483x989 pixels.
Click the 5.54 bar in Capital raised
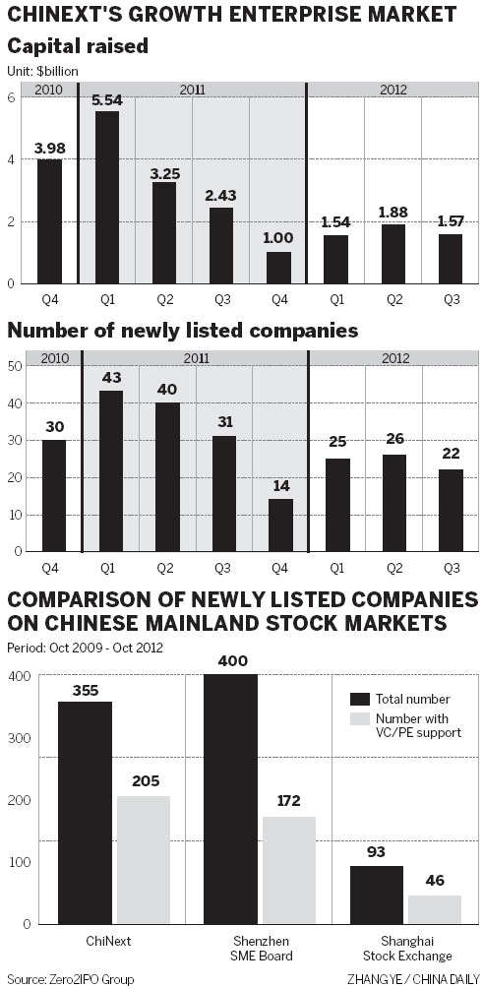pos(107,197)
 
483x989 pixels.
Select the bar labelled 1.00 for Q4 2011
pos(278,268)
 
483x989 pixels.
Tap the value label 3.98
pos(50,149)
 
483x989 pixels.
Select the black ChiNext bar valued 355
pos(85,812)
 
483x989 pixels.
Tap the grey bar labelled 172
pos(288,870)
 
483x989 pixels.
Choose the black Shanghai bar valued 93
pos(378,895)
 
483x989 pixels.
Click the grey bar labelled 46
pos(435,909)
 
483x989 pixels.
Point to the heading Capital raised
pos(64,47)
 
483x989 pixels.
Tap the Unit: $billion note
pos(42,71)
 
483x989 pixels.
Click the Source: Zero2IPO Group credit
pos(70,979)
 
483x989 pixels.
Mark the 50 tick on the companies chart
pos(15,366)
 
